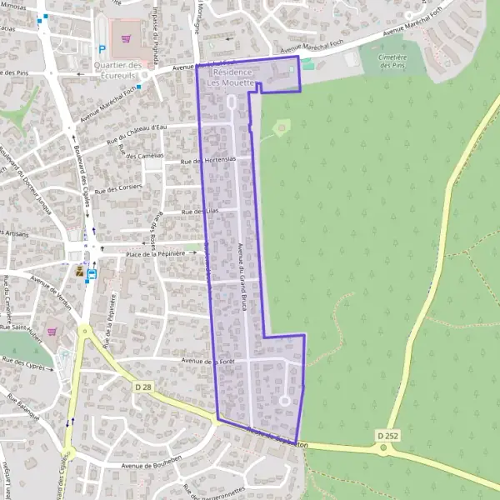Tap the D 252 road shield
pos(386,435)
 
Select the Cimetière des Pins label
pos(392,60)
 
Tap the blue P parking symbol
pos(102,49)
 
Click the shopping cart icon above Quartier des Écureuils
pos(127,37)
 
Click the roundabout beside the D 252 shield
pos(385,449)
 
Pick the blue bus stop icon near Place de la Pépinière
pos(91,272)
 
